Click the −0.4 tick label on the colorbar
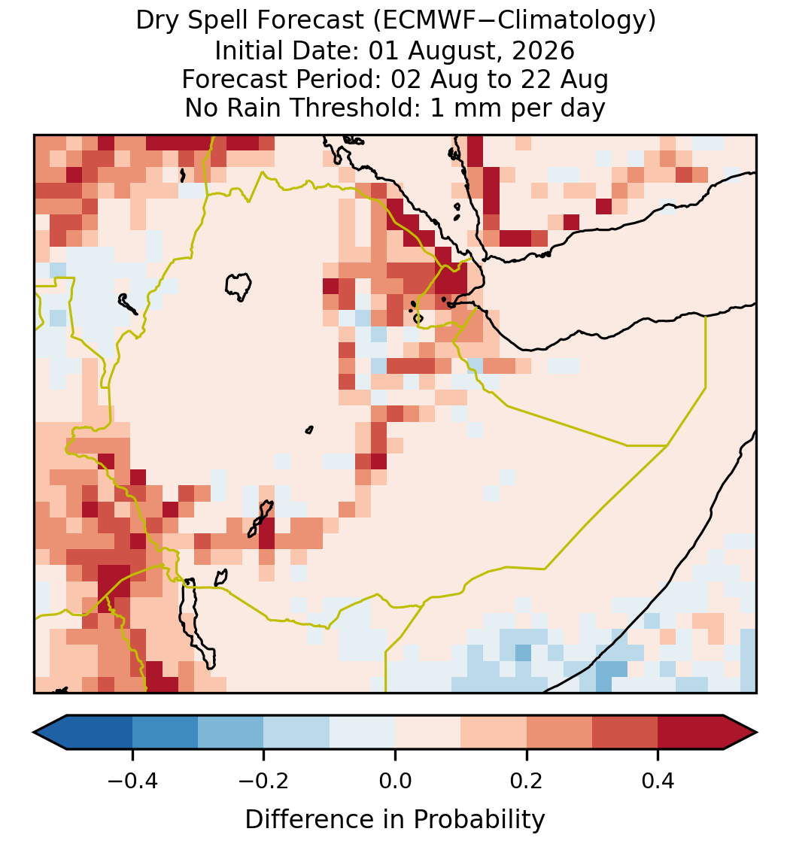(x=132, y=781)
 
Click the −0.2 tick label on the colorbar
(x=264, y=781)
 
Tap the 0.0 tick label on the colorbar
(x=395, y=781)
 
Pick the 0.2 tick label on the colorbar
(x=527, y=781)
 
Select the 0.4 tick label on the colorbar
(x=658, y=781)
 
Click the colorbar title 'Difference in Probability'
(x=395, y=820)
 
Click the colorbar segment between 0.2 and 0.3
(x=560, y=733)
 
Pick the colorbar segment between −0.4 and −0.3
(x=165, y=733)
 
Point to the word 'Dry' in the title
(x=157, y=21)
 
